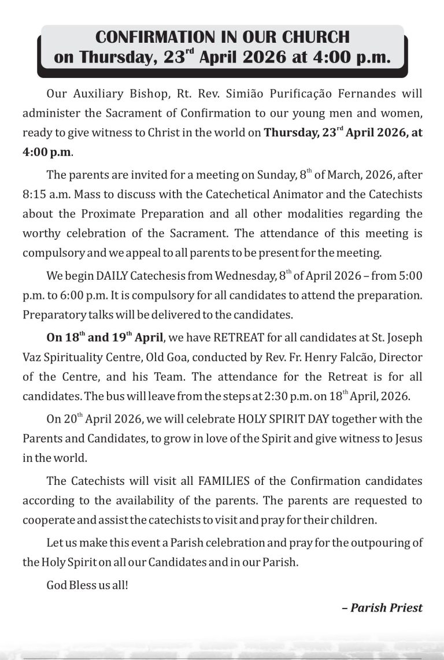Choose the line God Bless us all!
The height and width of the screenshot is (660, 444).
point(87,584)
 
